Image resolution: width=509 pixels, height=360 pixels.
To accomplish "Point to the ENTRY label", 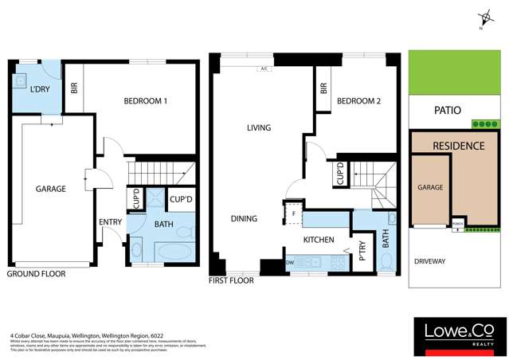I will click(x=109, y=222).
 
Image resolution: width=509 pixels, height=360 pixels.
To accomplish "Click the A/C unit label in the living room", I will click(x=263, y=69).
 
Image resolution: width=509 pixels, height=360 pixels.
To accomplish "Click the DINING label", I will click(x=244, y=218).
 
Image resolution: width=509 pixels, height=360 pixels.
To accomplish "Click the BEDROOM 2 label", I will click(x=358, y=101).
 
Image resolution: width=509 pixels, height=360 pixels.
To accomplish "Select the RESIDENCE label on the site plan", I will click(x=458, y=147).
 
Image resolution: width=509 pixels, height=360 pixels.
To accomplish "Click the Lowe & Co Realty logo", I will click(x=456, y=335).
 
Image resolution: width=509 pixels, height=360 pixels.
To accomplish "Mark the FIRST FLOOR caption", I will click(x=231, y=281).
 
